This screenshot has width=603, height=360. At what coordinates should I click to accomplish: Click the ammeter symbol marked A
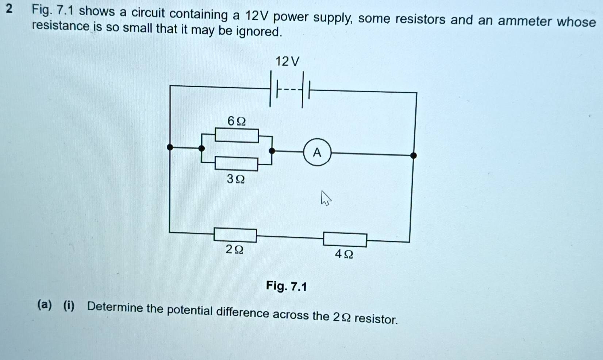pos(317,152)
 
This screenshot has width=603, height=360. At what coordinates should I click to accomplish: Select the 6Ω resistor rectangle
pos(237,135)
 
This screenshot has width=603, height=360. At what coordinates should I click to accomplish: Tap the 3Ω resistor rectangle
pos(237,164)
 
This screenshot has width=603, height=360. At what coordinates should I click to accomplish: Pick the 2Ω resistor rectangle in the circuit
pos(235,235)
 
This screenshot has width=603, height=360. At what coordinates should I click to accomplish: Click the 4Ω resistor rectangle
pos(345,240)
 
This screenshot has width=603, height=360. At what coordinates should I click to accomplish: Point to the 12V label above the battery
pos(287,61)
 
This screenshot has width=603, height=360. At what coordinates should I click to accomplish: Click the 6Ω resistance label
pos(237,121)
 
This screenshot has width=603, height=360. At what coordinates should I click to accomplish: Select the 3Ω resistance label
pos(236,179)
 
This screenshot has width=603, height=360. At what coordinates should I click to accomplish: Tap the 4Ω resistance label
pos(344,254)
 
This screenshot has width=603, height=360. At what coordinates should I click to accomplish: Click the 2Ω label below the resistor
pos(234,249)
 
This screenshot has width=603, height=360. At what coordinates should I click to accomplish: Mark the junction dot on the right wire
pos(413,156)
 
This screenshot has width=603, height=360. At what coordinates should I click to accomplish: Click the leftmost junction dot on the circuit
pos(170,147)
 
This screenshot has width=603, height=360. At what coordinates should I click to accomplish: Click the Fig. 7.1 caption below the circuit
pos(287,286)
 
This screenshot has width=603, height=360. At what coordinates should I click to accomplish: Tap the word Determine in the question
pos(115,307)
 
